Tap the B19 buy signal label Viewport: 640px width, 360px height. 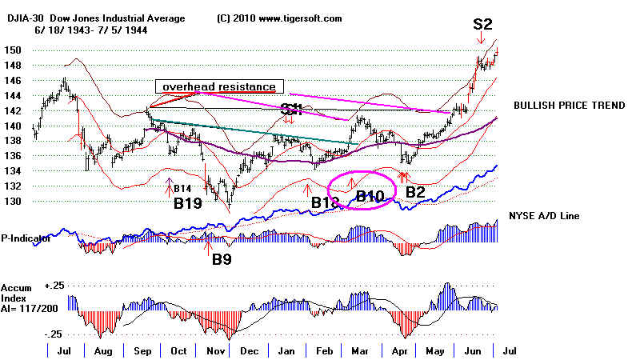pyautogui.click(x=192, y=203)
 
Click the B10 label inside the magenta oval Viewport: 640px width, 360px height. pyautogui.click(x=370, y=195)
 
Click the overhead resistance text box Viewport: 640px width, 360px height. pyautogui.click(x=218, y=86)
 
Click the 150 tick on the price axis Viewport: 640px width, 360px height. pyautogui.click(x=18, y=50)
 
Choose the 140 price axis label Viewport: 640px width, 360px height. pyautogui.click(x=18, y=126)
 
